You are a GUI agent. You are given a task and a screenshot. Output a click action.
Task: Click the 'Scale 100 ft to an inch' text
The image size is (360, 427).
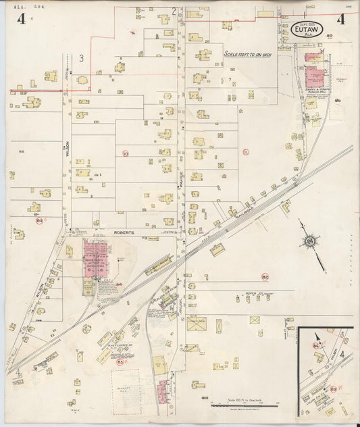click(x=242, y=54)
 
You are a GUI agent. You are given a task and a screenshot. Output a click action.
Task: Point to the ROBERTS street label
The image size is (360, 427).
click(x=124, y=232)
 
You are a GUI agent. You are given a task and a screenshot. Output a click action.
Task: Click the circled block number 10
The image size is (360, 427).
click(x=126, y=154)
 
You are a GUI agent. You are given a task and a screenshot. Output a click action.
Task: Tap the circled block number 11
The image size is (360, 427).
click(x=246, y=152)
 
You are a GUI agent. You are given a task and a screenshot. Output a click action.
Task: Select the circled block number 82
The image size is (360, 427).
click(x=265, y=277)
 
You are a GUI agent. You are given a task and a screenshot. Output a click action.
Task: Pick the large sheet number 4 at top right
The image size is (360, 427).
click(x=340, y=19)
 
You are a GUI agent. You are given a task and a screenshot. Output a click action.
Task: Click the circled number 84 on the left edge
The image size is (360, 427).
click(x=39, y=221)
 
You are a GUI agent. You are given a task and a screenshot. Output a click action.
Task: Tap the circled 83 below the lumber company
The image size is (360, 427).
click(x=121, y=362)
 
